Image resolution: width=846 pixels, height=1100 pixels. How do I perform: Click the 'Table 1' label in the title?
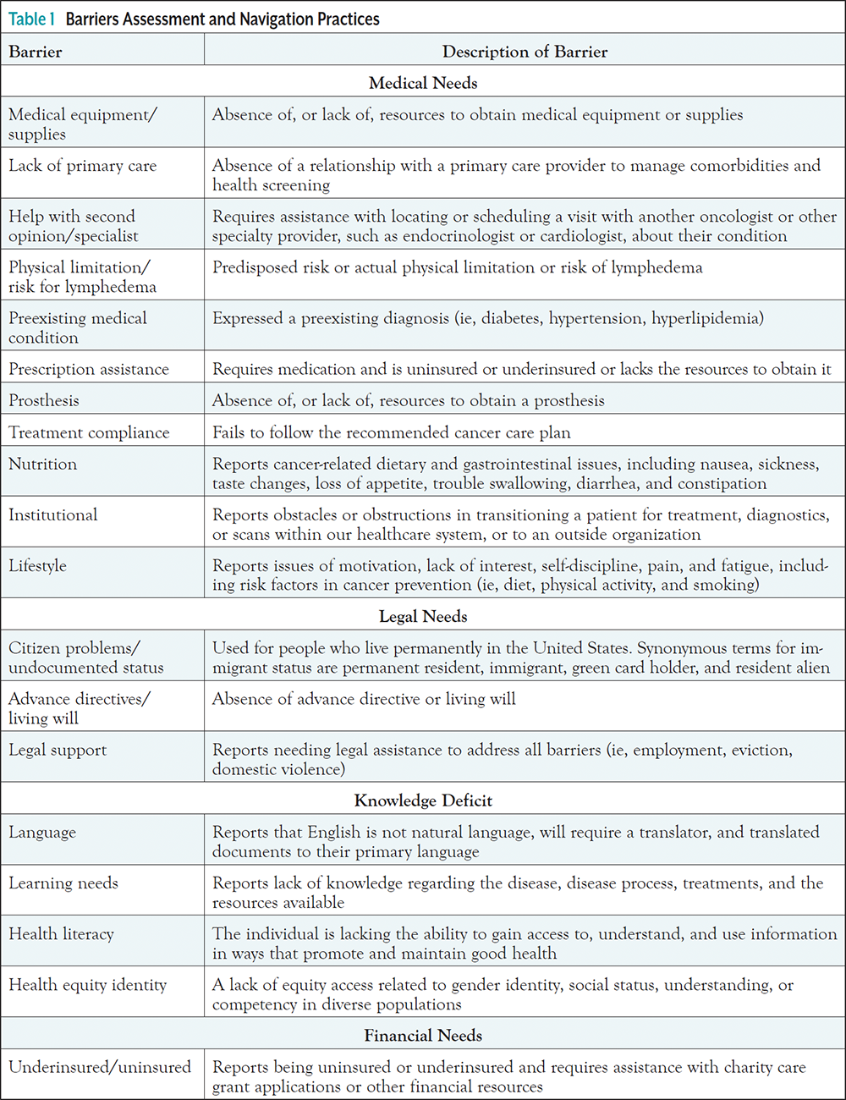(31, 19)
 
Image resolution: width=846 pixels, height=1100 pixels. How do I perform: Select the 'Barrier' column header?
(36, 52)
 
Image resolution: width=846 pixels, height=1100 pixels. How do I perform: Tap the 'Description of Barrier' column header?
(525, 52)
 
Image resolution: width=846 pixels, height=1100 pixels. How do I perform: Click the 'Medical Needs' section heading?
(423, 83)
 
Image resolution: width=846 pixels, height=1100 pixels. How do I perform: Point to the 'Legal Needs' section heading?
(423, 616)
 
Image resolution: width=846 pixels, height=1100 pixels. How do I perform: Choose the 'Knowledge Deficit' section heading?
(423, 800)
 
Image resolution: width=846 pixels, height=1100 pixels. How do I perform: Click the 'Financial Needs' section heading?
(423, 1036)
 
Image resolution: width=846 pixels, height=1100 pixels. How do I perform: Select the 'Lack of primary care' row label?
(83, 166)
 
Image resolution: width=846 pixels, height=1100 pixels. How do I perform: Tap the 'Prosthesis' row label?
(44, 400)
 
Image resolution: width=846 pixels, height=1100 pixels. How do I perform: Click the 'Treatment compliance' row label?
(89, 432)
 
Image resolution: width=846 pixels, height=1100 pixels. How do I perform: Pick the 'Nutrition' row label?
(43, 464)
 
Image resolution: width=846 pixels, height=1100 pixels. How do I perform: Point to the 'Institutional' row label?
(53, 514)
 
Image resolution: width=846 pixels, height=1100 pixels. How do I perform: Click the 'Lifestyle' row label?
(37, 565)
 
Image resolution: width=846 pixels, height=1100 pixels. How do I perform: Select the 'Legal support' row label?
(58, 750)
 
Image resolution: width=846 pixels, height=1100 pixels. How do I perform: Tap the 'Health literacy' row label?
(61, 934)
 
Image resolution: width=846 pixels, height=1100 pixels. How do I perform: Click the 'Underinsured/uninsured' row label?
(100, 1067)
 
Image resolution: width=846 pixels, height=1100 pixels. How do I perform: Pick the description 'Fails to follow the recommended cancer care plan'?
(392, 432)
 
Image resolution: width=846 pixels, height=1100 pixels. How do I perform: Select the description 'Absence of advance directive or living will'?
(364, 699)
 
